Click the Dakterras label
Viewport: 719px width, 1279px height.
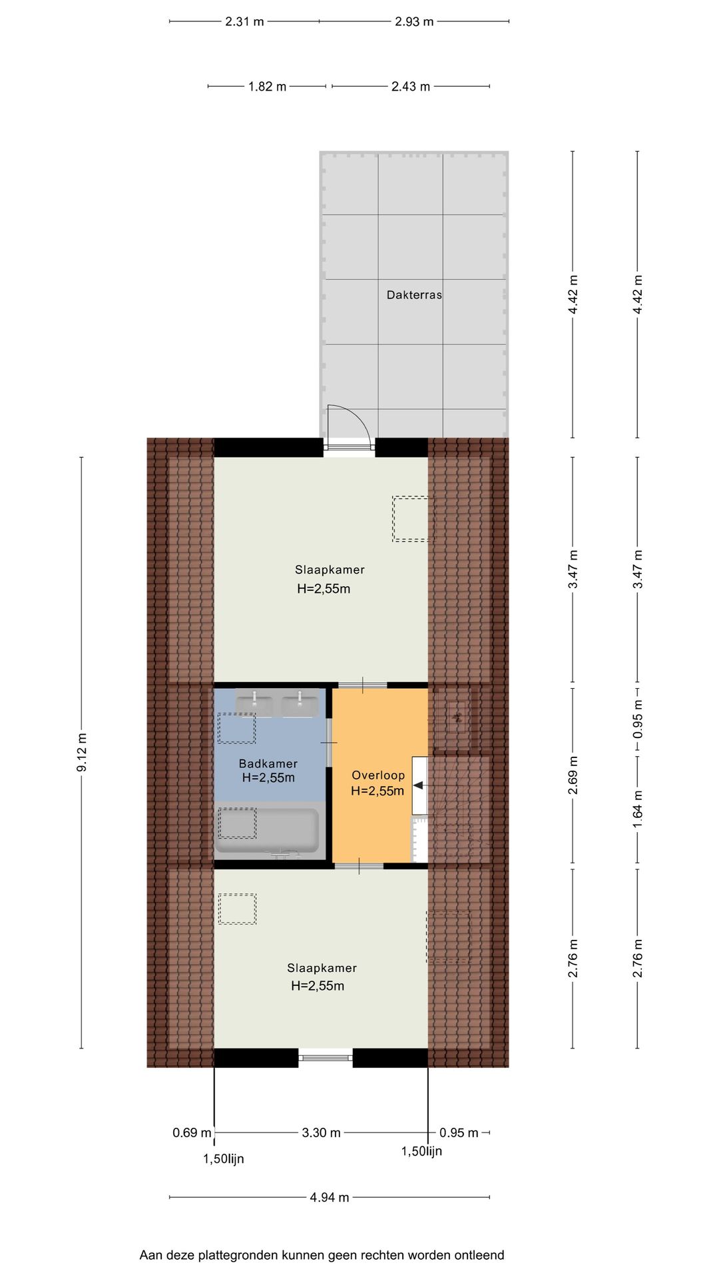(x=414, y=294)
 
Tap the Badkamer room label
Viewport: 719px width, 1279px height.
(x=268, y=763)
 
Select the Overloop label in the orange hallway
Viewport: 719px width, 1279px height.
(x=378, y=775)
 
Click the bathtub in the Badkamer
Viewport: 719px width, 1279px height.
(x=267, y=831)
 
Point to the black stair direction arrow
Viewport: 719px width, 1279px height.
(x=418, y=785)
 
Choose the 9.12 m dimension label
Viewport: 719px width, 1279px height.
(x=82, y=753)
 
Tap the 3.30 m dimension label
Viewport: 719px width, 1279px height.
(x=322, y=1132)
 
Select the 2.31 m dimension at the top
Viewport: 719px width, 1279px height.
(x=244, y=21)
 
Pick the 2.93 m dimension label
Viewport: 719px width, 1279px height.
(x=414, y=21)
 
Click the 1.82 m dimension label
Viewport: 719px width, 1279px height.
(x=267, y=87)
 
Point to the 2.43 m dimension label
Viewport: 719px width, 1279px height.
(x=411, y=87)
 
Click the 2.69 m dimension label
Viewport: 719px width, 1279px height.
(x=573, y=776)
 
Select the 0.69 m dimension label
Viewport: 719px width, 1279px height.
(x=192, y=1132)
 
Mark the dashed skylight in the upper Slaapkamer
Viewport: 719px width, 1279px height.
(x=410, y=518)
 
